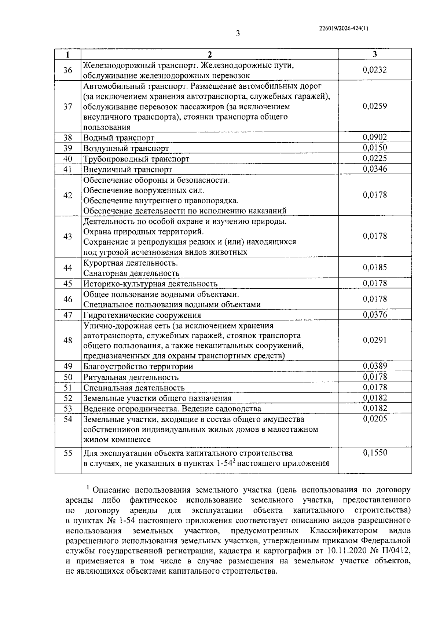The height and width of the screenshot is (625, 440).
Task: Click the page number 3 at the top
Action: point(238,34)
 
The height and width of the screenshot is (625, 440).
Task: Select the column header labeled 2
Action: point(209,54)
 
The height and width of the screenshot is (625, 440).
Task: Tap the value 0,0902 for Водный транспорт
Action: point(375,137)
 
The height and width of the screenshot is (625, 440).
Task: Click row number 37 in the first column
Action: point(67,106)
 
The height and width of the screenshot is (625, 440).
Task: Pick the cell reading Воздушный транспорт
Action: point(126,149)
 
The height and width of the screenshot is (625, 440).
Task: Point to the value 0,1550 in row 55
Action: point(375,453)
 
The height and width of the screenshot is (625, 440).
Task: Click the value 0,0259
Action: point(375,106)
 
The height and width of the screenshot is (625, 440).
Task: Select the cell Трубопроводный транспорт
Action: point(136,159)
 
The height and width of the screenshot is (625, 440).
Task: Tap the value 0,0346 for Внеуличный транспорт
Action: point(375,169)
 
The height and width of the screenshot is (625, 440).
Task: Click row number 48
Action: point(67,340)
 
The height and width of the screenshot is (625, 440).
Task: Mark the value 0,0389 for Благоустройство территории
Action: point(375,366)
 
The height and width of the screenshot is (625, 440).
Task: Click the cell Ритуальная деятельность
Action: point(131,377)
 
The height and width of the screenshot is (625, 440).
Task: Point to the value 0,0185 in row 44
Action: point(375,267)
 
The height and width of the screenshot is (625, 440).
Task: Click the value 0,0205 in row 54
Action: point(375,419)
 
